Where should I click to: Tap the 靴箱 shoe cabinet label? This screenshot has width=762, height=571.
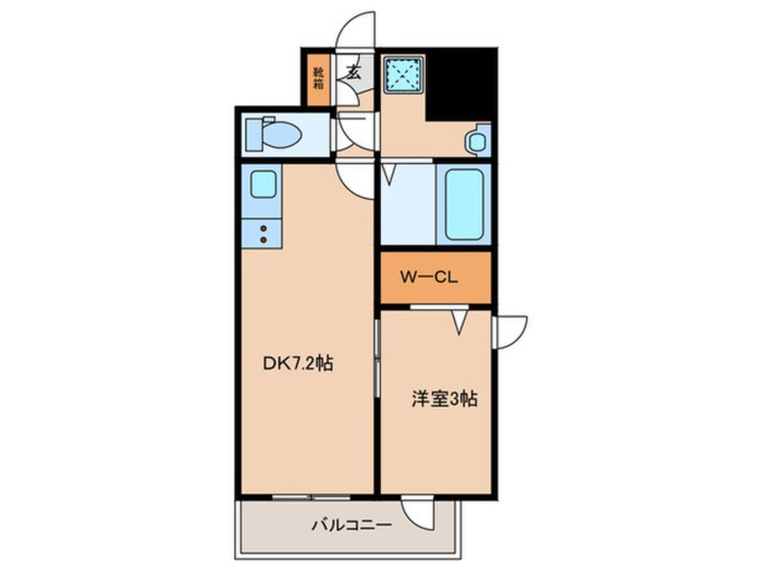click(x=318, y=79)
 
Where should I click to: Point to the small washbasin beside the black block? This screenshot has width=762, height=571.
click(x=477, y=140)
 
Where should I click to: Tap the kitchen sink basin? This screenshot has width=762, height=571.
click(x=263, y=185)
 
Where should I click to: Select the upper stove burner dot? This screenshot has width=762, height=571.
click(x=263, y=230)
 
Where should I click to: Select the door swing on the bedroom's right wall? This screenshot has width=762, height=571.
click(x=509, y=331)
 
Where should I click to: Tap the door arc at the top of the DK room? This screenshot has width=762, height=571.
click(x=355, y=173)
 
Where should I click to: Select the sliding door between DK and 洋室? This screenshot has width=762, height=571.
click(x=376, y=360)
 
